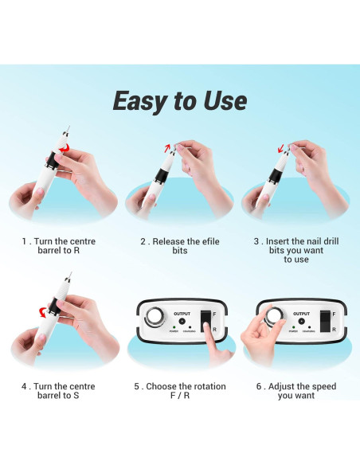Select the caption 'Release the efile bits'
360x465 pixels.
coord(180,246)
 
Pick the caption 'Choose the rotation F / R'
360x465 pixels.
coord(180,392)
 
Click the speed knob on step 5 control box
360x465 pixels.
coord(151,316)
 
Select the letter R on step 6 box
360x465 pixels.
coord(335,328)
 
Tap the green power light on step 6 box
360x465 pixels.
coord(294,327)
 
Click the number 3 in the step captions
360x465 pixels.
coord(256,241)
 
